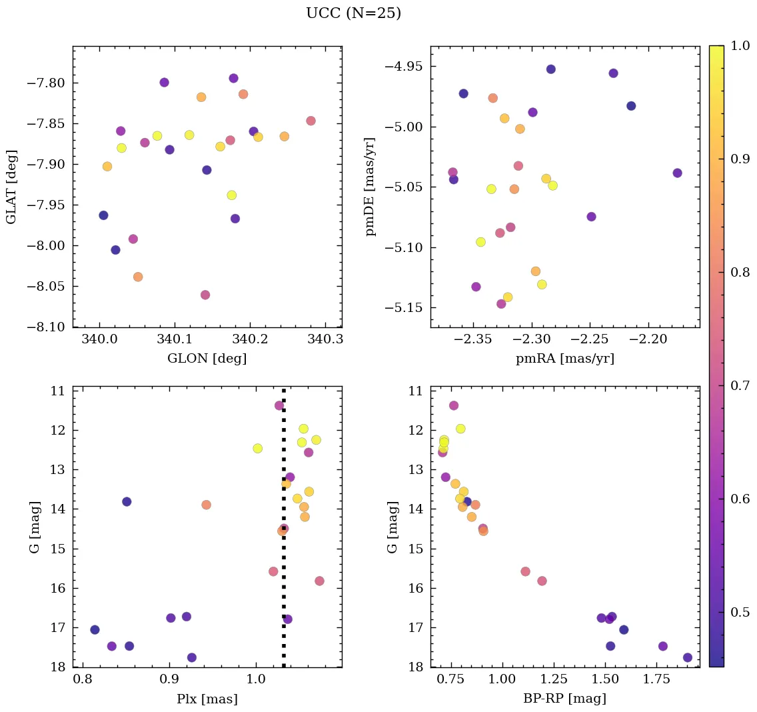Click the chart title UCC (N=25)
click(x=353, y=13)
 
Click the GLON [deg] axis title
click(x=207, y=359)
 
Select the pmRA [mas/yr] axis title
click(x=564, y=359)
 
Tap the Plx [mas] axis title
click(x=207, y=699)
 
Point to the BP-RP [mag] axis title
click(x=564, y=699)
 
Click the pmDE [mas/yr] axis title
click(x=371, y=187)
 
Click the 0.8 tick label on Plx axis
click(x=83, y=681)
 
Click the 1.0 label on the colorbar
click(x=741, y=45)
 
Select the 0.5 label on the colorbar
click(x=741, y=612)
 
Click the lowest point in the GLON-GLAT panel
click(x=205, y=295)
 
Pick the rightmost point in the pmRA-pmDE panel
click(x=677, y=173)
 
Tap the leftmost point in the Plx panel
click(x=95, y=630)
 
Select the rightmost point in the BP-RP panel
click(x=688, y=657)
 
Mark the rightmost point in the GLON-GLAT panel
click(x=311, y=121)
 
